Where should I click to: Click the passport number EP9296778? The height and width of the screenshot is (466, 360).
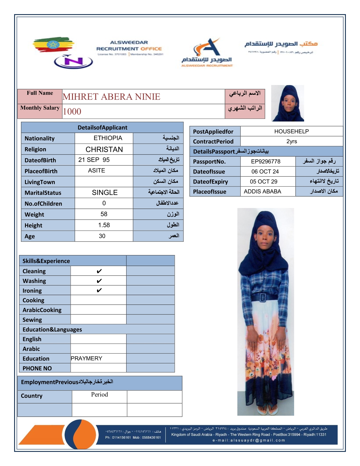pos(266,162)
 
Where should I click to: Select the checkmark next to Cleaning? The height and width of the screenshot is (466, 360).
pos(99,271)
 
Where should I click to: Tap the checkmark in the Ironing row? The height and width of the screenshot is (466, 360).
pos(99,291)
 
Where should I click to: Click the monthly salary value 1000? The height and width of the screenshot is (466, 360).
pos(72,111)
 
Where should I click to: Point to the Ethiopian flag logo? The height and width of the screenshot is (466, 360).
pos(53,45)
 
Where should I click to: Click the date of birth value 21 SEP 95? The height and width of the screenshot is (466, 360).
pos(94,160)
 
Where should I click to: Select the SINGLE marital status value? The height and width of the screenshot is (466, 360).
pos(105,193)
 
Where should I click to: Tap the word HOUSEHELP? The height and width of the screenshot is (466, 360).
pos(291,132)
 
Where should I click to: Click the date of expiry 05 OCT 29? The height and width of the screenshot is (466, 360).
pos(264,182)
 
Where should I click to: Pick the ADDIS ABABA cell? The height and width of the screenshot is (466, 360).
pos(262,192)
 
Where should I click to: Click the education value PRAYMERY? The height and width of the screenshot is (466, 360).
pos(86,358)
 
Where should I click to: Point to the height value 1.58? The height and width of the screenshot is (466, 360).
pos(104,225)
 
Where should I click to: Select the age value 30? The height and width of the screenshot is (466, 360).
pos(102,236)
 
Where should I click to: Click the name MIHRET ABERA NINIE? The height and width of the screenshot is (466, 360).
pos(111,97)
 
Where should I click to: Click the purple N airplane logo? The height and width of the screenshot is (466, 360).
pos(74,62)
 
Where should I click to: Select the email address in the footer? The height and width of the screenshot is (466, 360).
pos(249,440)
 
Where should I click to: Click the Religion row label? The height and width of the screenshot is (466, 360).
pos(35,149)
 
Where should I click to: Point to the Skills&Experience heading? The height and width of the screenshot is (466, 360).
pos(46,261)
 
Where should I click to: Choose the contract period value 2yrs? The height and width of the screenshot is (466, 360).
pos(291,142)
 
